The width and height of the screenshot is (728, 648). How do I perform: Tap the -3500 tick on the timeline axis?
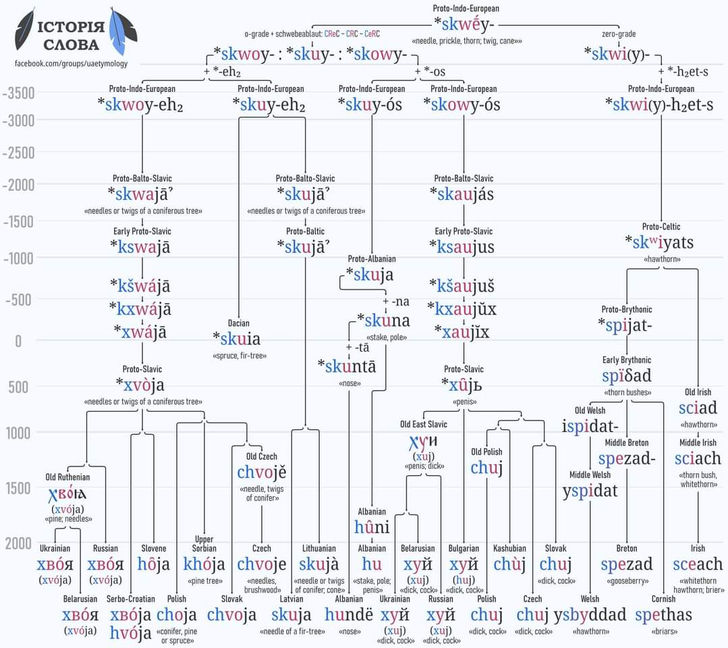pos(18,92)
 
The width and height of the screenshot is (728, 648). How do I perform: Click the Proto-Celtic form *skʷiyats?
pos(659,242)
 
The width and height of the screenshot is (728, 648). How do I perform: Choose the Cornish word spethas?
pos(663,614)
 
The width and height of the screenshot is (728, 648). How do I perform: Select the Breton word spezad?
pos(626,564)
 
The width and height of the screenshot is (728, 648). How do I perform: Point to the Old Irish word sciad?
pos(698,408)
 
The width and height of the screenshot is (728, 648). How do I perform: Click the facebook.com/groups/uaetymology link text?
pos(71,63)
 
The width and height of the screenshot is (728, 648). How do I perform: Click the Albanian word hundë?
pos(348,614)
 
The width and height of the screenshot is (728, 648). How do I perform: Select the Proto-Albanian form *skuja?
pos(369,275)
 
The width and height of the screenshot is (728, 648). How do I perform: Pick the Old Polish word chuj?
pos(486,467)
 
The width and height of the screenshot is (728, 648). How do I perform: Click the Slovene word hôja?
pos(153,564)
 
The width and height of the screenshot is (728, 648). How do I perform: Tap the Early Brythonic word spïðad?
pos(627,375)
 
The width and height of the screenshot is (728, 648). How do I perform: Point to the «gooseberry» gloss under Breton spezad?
pos(626,580)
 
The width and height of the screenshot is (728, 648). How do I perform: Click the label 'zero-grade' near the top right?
pos(619,34)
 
